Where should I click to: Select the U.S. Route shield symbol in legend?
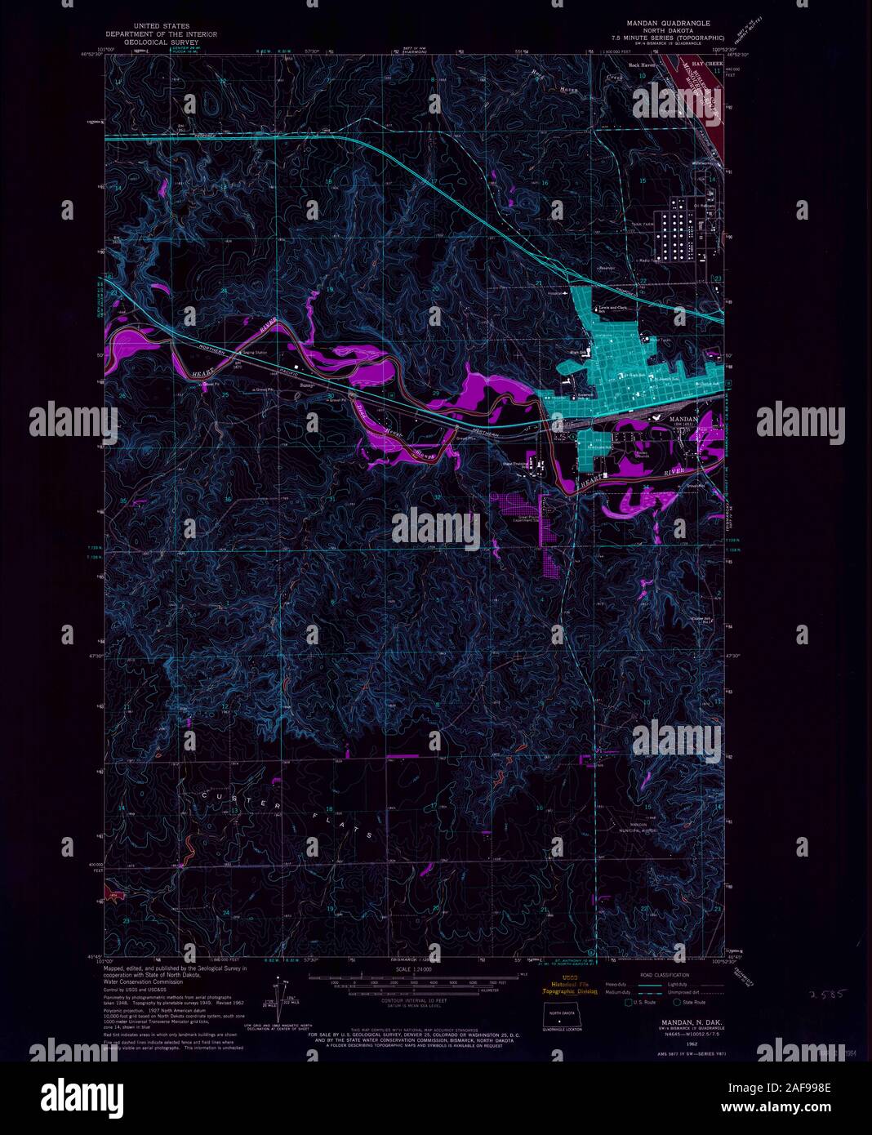coord(630,1002)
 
